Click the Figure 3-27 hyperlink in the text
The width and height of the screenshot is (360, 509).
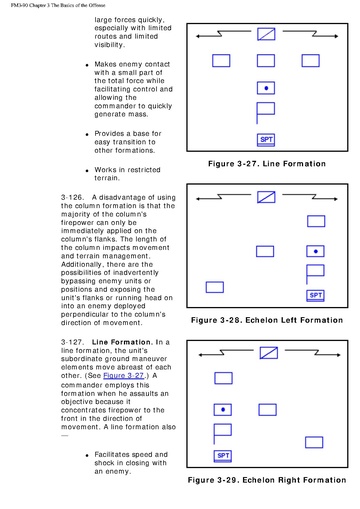[123, 376]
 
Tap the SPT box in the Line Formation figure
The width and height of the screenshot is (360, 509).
[266, 140]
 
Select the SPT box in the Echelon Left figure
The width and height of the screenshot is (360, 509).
[315, 296]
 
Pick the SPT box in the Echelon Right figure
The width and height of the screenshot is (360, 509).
[223, 456]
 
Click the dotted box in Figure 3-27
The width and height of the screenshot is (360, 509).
[266, 88]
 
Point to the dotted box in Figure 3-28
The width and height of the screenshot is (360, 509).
[315, 251]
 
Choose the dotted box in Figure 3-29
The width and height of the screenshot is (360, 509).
[223, 410]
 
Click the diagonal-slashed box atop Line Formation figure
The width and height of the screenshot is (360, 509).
[266, 34]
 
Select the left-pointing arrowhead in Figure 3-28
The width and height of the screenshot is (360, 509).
[198, 199]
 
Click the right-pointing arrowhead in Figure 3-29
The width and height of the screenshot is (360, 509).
[338, 355]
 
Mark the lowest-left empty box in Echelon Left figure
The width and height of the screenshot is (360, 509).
[215, 287]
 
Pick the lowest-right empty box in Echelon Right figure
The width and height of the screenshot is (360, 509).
[314, 442]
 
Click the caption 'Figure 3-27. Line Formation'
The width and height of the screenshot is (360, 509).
[267, 164]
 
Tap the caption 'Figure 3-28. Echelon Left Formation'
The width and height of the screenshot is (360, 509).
[267, 320]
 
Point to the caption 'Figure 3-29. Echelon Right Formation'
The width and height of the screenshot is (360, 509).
[267, 480]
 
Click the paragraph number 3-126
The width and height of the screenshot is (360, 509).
[71, 197]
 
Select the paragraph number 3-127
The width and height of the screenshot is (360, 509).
[71, 342]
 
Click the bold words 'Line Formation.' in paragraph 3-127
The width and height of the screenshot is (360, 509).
[121, 342]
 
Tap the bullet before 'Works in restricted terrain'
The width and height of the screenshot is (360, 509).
[87, 171]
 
